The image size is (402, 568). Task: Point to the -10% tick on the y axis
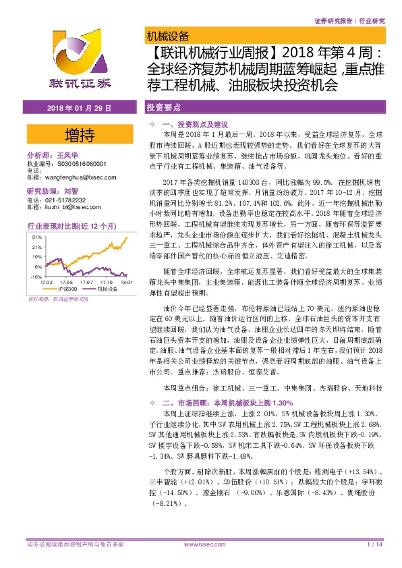(x=36, y=258)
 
